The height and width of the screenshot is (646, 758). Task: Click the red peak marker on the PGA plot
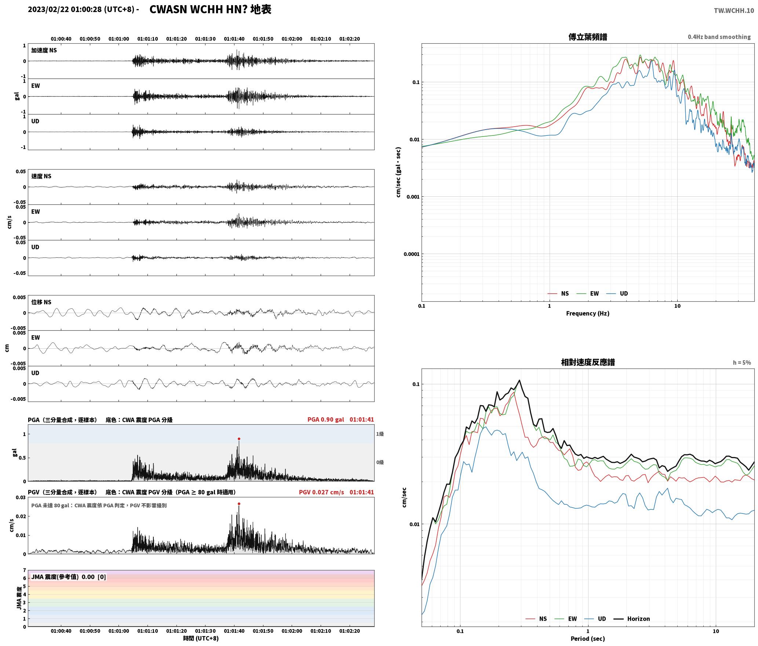click(239, 439)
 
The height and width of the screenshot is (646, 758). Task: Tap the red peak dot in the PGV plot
click(239, 504)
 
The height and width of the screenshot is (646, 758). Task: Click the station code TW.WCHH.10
click(734, 11)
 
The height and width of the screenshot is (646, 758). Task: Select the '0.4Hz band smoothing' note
click(719, 37)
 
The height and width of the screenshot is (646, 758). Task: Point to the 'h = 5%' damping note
click(742, 363)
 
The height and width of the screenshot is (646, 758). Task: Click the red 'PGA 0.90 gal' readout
click(326, 420)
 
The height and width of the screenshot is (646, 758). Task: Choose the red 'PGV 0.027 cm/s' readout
click(321, 492)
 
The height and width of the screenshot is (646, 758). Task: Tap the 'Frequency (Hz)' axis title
click(587, 313)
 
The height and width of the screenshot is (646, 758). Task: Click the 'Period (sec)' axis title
click(587, 638)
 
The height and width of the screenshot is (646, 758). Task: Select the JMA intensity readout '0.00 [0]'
click(94, 577)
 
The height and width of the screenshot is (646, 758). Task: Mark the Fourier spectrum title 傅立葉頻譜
click(587, 37)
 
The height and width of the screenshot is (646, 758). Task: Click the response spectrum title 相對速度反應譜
click(587, 362)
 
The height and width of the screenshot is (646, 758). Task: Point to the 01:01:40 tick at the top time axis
click(234, 39)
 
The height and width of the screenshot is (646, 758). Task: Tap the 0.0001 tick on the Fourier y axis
click(411, 254)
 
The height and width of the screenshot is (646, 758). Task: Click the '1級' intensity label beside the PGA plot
click(380, 434)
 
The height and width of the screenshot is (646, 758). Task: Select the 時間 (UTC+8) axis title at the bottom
click(201, 638)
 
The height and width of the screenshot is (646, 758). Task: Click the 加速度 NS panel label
click(44, 50)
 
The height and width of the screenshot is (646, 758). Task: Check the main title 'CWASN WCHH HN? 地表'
click(210, 10)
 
